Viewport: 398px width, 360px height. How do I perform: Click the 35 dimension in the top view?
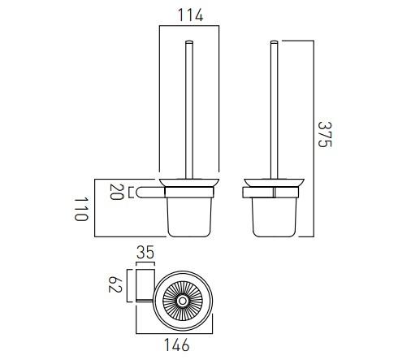[145, 254]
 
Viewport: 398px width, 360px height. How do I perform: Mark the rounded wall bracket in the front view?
[145, 193]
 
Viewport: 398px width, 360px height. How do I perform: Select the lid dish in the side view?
[274, 181]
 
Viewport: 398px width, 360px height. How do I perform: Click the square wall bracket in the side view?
[248, 193]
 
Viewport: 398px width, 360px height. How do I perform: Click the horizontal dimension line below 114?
[188, 26]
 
